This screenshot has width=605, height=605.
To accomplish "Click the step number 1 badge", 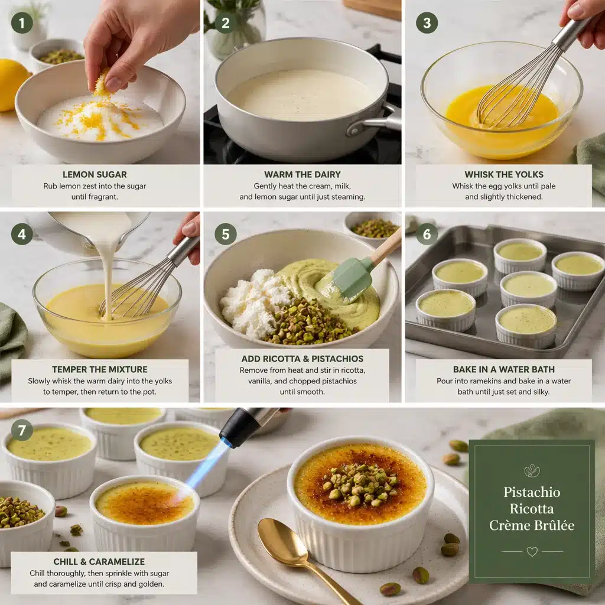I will point(22,23).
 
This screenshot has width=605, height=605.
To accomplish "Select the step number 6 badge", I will point(427,234).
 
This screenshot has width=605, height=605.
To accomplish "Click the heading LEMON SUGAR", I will point(95,174).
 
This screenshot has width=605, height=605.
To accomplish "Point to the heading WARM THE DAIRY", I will point(302,174).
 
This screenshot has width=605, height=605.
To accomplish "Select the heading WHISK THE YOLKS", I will point(503,174).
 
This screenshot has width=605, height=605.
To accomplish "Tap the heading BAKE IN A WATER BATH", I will point(503,369).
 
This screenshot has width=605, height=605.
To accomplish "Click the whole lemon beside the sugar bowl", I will point(12,84).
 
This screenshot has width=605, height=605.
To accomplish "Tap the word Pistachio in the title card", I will point(532,492).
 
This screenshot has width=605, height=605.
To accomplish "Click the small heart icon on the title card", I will point(532,551).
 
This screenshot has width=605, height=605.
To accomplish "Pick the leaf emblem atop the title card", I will point(532,470).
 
